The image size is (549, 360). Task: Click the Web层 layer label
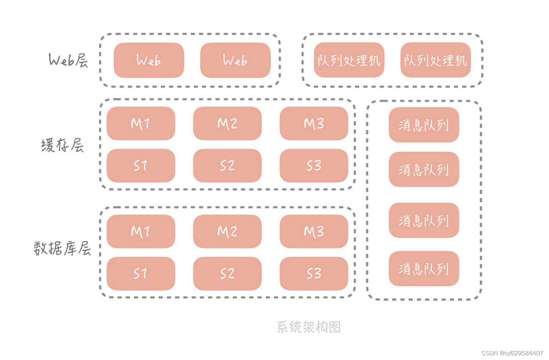(x=68, y=60)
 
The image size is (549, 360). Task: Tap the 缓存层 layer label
(x=63, y=145)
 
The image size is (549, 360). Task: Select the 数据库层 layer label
(x=62, y=248)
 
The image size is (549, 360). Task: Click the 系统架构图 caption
(x=309, y=327)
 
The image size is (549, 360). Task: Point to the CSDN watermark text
(x=512, y=353)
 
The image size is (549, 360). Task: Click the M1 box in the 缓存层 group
(x=141, y=124)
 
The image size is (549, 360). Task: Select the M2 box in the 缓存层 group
(x=227, y=124)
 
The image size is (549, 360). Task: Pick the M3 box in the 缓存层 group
(x=314, y=124)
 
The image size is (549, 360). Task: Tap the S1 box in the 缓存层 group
(x=141, y=166)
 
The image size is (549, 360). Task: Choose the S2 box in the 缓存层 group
(x=227, y=166)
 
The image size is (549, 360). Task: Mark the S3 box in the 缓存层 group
(x=314, y=166)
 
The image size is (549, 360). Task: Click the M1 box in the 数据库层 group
(x=141, y=232)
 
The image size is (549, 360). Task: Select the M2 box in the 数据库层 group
(x=227, y=232)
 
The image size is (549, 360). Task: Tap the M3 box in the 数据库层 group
(x=314, y=232)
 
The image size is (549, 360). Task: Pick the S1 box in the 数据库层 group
(x=141, y=273)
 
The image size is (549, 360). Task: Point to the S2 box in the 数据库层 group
(x=227, y=273)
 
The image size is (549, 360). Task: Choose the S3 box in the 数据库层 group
(x=314, y=273)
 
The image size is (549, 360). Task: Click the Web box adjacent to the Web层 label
(x=149, y=60)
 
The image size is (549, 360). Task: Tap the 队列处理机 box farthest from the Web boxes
(x=436, y=60)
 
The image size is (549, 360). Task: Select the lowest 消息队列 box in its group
(x=424, y=269)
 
